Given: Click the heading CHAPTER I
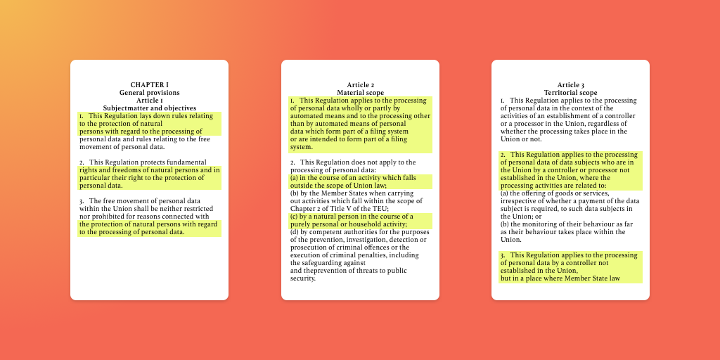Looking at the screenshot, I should (x=149, y=85).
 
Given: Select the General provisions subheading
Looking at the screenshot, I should (x=149, y=93).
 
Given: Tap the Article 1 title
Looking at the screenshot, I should (x=149, y=101).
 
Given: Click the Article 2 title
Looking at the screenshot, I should (x=360, y=85).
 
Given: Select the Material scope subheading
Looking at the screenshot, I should (x=360, y=93).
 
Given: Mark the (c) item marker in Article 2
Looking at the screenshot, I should (x=295, y=217).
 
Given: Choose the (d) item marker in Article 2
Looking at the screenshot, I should (x=295, y=232).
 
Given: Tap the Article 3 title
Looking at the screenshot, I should (x=570, y=85).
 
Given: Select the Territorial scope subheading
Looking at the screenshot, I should (x=570, y=93).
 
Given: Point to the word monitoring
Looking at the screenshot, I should (x=533, y=224).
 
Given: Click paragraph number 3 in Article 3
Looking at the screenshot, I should (x=503, y=255).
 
